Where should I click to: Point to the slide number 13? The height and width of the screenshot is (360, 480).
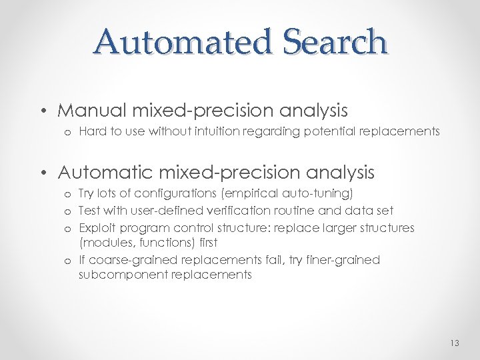pos(455,343)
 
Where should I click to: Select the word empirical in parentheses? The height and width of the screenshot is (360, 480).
pos(252,193)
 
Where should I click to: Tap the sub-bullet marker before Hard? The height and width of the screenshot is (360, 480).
pos(69,132)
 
